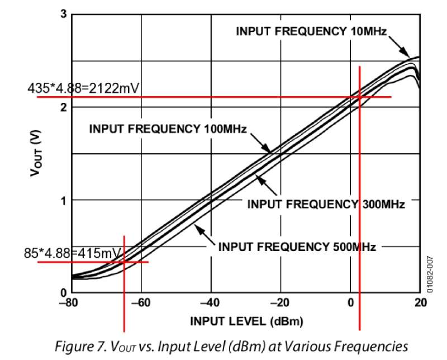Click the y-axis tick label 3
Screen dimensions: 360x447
[63, 14]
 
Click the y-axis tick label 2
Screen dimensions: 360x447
[63, 107]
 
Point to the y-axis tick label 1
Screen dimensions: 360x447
[63, 200]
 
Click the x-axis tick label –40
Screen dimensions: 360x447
[210, 302]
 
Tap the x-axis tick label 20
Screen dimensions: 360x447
[420, 302]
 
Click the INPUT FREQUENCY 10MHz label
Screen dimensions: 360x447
[311, 31]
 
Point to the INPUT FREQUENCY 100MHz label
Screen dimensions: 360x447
[168, 129]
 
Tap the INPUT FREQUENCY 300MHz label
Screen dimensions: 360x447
[326, 203]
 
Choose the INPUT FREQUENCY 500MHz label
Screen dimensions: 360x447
[297, 247]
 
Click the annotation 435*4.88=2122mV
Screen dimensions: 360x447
[84, 88]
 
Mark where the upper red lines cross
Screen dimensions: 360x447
[360, 97]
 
